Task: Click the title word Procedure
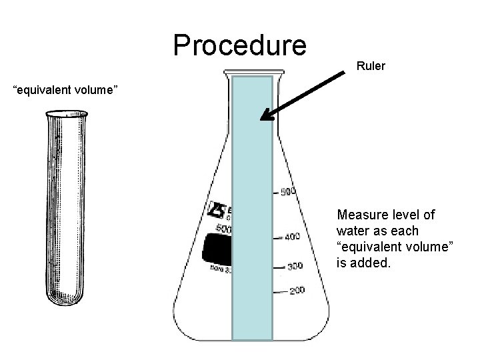coord(239,45)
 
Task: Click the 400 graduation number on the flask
coord(292,237)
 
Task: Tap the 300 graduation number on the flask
coord(294,266)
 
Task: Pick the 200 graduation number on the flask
coord(297,290)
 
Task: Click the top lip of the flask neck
coord(252,71)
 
